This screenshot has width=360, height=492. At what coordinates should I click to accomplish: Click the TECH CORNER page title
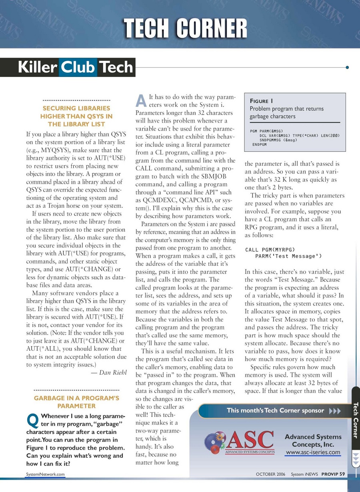(x=185, y=29)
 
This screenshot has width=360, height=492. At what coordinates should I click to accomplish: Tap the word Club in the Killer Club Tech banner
(x=78, y=67)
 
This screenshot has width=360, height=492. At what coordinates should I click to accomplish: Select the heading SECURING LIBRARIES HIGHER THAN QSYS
(x=76, y=116)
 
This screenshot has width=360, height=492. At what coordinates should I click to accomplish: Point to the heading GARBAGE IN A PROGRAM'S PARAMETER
(x=76, y=402)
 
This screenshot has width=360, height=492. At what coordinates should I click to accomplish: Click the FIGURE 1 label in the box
(x=261, y=101)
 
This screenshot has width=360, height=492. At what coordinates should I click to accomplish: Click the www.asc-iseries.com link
(x=313, y=453)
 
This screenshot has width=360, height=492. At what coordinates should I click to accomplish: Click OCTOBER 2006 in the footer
(x=270, y=474)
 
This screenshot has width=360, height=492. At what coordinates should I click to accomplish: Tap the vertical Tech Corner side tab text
(x=355, y=420)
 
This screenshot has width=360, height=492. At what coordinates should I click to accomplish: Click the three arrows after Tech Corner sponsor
(x=334, y=411)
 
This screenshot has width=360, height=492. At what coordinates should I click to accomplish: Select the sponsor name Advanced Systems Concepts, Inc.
(x=313, y=441)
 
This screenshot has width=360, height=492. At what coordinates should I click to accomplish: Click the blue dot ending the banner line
(x=347, y=67)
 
